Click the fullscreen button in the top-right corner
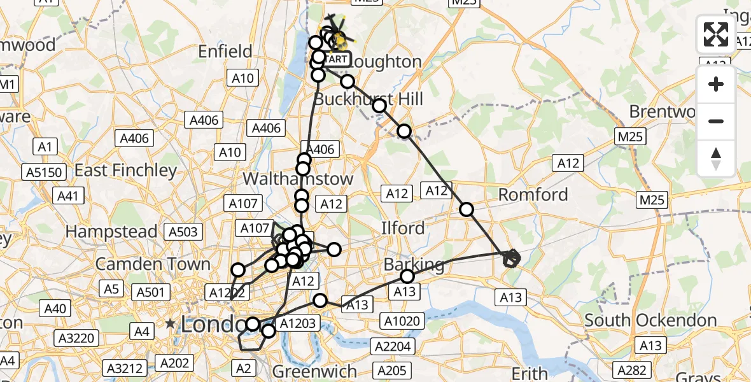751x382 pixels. click(x=716, y=35)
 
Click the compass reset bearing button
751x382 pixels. click(x=716, y=159)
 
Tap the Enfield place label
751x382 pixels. click(x=225, y=52)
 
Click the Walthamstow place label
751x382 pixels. click(x=298, y=179)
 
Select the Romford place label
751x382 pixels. click(x=533, y=195)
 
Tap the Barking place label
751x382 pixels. click(x=414, y=264)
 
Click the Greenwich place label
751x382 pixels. click(x=314, y=371)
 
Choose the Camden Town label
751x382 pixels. click(x=153, y=264)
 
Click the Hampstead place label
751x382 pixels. click(x=111, y=232)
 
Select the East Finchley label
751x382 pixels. click(x=126, y=171)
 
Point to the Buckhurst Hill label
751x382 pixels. click(x=368, y=99)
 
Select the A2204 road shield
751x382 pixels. click(x=394, y=347)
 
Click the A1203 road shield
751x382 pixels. click(x=297, y=323)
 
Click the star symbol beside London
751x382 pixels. click(x=170, y=324)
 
